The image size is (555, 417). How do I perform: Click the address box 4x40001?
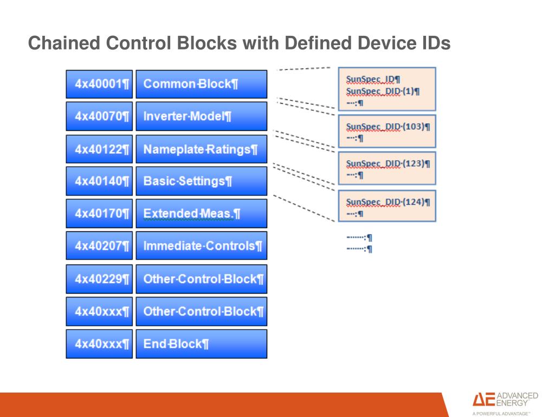[100, 84]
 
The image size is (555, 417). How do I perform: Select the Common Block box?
[202, 84]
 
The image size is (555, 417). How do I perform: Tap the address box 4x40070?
[100, 116]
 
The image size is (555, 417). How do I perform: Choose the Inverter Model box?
[202, 116]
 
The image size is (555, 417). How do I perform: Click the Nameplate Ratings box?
[202, 149]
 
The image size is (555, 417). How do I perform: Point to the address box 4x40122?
[100, 149]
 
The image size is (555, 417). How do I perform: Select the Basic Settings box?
[202, 181]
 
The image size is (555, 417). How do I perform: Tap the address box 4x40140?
[100, 181]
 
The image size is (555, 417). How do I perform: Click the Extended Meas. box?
[202, 213]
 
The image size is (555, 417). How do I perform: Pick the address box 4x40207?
[100, 246]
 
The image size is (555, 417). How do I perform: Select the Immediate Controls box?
[202, 246]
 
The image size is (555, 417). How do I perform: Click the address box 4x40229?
[100, 279]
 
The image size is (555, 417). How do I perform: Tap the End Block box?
[202, 344]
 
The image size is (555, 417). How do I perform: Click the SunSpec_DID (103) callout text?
[388, 127]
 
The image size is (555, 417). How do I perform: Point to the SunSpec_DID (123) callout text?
[388, 163]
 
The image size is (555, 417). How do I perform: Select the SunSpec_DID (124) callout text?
[388, 202]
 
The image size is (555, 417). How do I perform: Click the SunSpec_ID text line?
[373, 79]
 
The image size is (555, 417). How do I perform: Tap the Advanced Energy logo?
[505, 403]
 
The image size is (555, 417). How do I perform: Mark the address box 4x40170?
[100, 213]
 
